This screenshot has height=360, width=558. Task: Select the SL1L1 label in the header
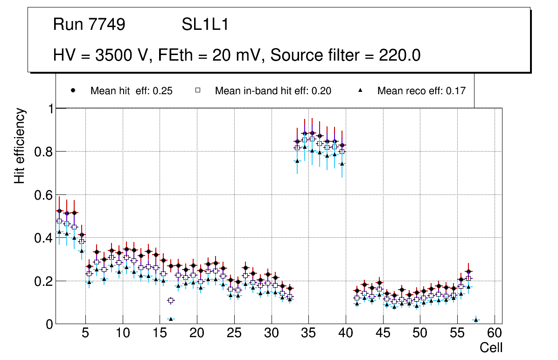click(205, 25)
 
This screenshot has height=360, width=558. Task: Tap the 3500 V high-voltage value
click(122, 55)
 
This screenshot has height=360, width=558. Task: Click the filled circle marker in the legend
click(73, 90)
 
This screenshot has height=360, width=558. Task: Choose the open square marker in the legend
click(198, 90)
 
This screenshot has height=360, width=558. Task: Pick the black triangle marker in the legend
click(360, 90)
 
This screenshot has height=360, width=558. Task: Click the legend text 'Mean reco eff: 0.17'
click(421, 91)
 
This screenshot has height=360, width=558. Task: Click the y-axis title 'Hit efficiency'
click(20, 145)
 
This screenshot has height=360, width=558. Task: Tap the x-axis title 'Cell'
click(491, 347)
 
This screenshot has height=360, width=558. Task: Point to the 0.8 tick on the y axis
click(43, 152)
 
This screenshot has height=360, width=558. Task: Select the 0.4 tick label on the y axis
click(43, 238)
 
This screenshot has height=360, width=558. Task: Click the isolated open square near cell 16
click(171, 300)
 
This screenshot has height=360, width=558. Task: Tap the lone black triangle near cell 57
click(476, 320)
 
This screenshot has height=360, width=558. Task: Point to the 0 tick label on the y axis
click(49, 324)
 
